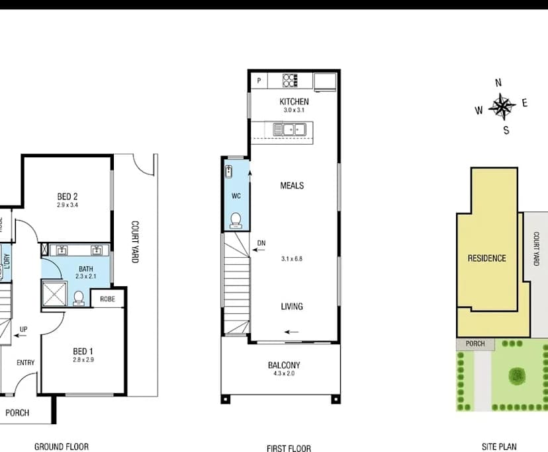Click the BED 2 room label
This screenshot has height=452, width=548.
[68, 196]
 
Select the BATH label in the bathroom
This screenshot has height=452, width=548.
[85, 268]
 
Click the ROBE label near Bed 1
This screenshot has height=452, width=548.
[107, 299]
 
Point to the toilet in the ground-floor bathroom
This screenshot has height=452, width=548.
[79, 298]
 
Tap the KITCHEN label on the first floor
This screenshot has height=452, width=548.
[294, 102]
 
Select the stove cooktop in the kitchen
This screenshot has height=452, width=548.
[290, 81]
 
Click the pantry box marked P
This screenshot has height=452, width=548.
[259, 81]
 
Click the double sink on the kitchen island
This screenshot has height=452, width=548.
[289, 130]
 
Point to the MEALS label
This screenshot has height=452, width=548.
[292, 186]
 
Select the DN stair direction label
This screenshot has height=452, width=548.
[261, 243]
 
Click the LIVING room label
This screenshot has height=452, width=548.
[291, 307]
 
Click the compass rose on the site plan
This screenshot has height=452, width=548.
[502, 106]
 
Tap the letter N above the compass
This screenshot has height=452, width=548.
[498, 83]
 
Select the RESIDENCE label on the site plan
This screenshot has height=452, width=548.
[486, 258]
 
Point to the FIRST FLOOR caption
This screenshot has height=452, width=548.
[289, 448]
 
